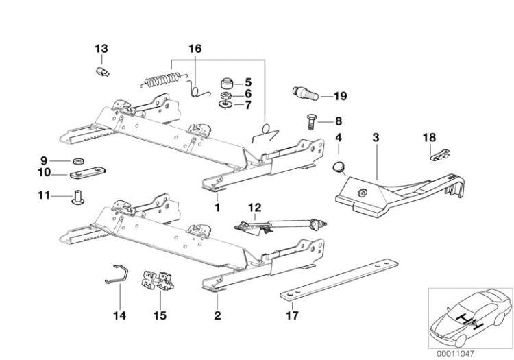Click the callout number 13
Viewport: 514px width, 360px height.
click(101, 49)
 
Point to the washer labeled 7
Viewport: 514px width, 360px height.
click(225, 106)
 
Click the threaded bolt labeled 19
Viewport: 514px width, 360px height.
click(302, 93)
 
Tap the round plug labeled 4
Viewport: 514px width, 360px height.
click(338, 167)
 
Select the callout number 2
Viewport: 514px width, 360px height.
click(217, 316)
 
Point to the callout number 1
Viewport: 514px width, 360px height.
click(217, 206)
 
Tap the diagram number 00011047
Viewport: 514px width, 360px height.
click(471, 352)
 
